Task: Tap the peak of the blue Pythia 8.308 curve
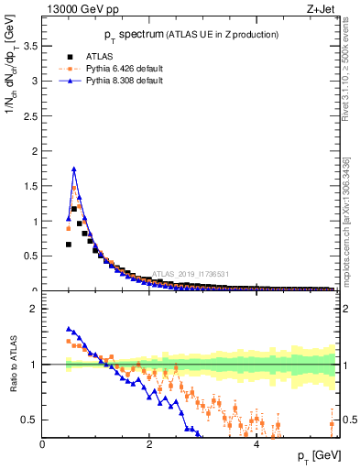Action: [74, 169]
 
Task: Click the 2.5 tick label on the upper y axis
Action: [29, 115]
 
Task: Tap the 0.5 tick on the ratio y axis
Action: [29, 420]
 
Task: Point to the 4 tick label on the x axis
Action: [256, 445]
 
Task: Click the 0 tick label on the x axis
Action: [43, 445]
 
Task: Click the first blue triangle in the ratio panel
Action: [69, 329]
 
